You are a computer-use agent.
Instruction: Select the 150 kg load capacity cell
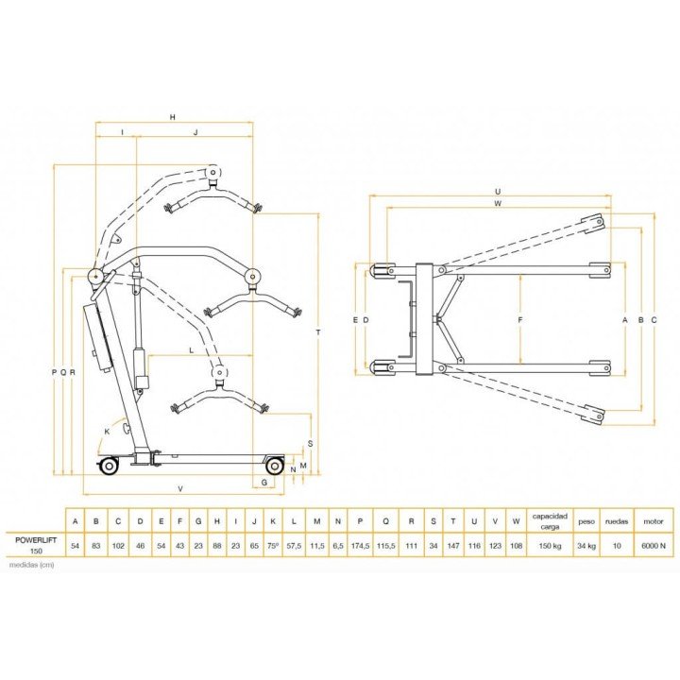549,545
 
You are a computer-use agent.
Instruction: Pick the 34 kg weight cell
586,545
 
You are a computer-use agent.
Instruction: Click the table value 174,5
361,545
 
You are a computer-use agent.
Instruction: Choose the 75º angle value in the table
273,545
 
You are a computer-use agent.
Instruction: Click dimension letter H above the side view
173,117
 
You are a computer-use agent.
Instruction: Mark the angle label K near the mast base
107,431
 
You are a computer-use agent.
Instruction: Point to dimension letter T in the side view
318,332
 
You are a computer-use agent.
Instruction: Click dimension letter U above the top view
497,191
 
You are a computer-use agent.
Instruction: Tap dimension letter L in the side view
192,349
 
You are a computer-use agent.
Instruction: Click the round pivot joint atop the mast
94,277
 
